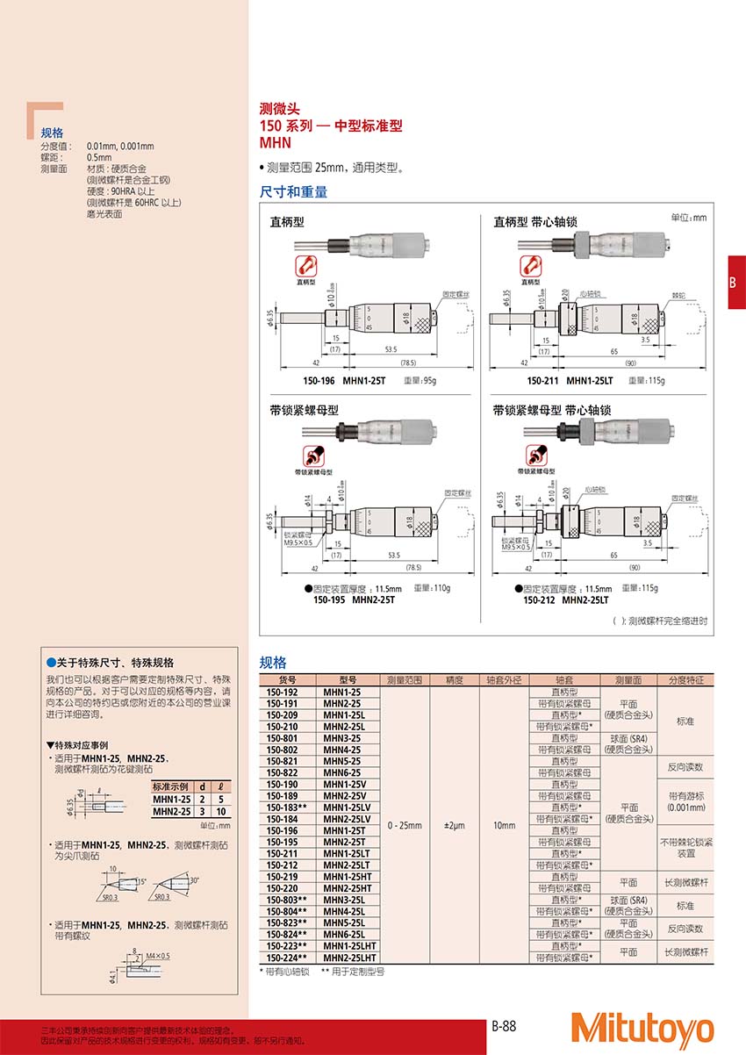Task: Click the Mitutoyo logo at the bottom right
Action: coord(642,1029)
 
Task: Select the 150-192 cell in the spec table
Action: coord(281,692)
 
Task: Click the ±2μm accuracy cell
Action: coord(454,825)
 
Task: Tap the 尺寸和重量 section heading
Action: coord(293,191)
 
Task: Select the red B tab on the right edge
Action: coord(735,282)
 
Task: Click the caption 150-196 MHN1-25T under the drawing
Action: coord(332,380)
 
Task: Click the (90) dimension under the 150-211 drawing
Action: coord(629,362)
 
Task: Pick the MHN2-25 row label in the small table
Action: coord(171,812)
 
